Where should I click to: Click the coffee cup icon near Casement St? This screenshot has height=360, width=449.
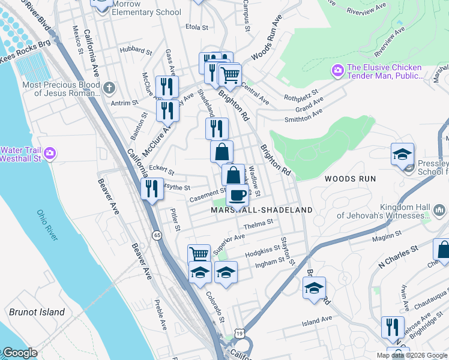click(x=237, y=196)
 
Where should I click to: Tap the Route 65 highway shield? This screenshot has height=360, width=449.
click(x=157, y=235)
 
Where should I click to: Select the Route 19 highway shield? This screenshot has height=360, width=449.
click(x=240, y=333)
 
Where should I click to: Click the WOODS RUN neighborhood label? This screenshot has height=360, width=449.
click(x=350, y=179)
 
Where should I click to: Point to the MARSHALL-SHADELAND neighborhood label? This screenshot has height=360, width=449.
click(x=262, y=210)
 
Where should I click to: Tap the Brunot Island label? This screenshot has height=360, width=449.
click(x=37, y=312)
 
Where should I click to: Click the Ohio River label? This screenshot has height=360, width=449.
click(x=47, y=225)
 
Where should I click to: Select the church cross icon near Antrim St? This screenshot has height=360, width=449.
click(x=109, y=88)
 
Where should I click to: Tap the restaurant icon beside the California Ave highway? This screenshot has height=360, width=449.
click(x=152, y=188)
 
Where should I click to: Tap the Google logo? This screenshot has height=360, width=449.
click(x=20, y=353)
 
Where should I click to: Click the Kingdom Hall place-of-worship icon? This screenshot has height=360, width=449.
click(x=439, y=211)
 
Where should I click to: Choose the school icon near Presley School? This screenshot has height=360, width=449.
click(x=402, y=154)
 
